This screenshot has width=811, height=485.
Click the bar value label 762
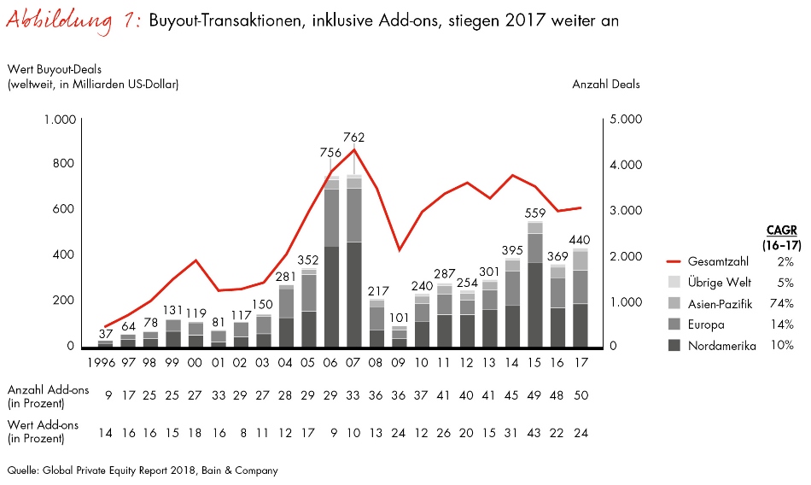pyautogui.click(x=354, y=137)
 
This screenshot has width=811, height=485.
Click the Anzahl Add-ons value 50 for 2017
pyautogui.click(x=580, y=395)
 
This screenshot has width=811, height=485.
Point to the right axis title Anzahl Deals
pyautogui.click(x=605, y=84)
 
